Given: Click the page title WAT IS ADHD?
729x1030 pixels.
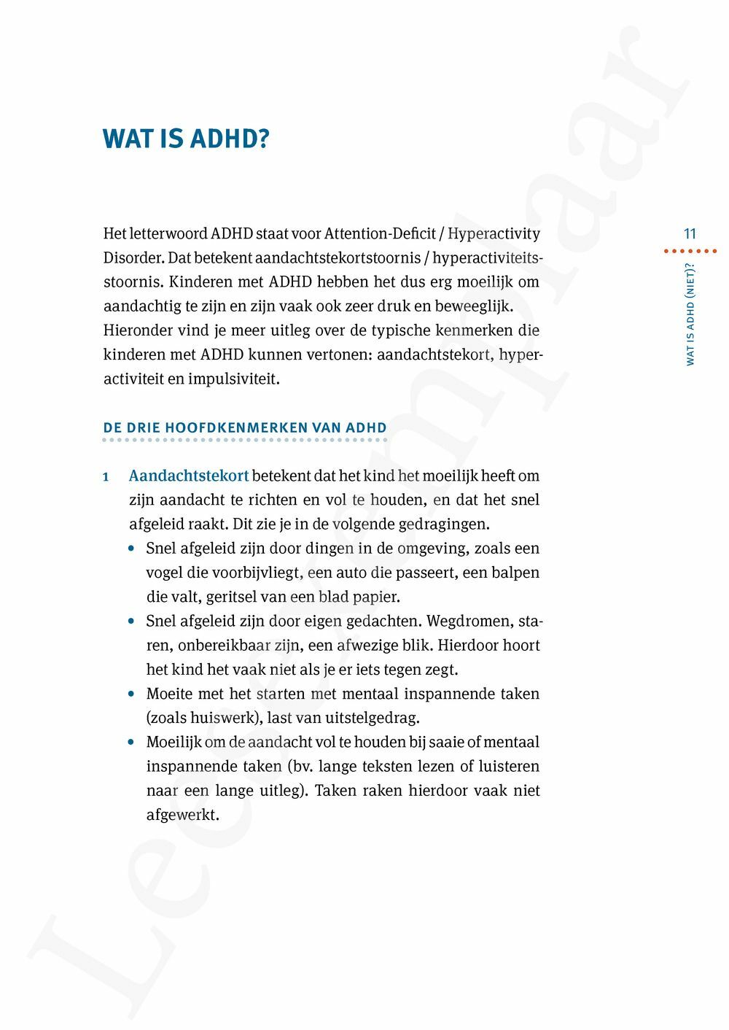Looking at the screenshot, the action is (x=186, y=138).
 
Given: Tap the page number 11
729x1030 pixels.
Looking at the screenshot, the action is (x=690, y=234).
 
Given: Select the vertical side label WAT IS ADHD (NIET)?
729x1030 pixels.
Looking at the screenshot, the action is (x=690, y=313).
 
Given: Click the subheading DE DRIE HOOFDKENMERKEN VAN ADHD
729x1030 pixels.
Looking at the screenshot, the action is (x=245, y=428).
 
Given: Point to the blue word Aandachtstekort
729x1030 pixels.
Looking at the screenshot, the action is (x=189, y=476).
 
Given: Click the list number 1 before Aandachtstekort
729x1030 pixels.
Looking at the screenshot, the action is (x=106, y=477).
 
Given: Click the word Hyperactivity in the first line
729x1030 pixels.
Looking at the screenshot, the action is (x=494, y=234).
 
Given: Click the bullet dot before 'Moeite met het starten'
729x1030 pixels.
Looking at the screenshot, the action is (x=131, y=694).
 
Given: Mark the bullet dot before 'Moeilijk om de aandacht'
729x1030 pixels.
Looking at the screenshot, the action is (x=131, y=743).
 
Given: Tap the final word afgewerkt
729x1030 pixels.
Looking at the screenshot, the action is (x=182, y=815).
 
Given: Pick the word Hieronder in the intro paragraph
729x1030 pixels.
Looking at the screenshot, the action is (x=137, y=330).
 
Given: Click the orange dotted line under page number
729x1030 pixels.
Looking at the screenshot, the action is (x=690, y=251).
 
